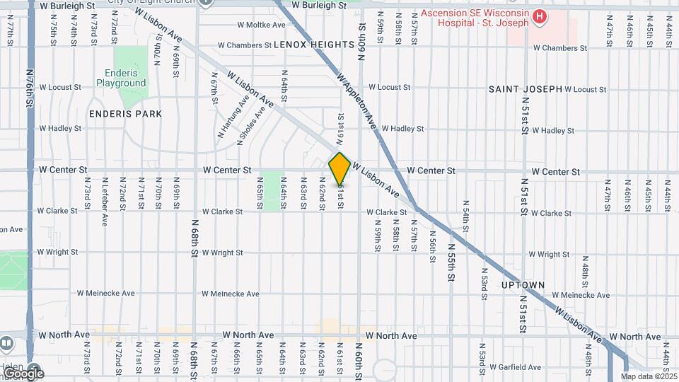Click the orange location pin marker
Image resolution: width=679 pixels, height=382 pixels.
(339, 169)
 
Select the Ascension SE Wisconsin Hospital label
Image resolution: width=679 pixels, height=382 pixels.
(475, 18)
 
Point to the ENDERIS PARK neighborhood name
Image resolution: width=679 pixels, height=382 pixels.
(126, 113)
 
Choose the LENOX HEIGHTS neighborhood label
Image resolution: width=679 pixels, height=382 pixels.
(313, 45)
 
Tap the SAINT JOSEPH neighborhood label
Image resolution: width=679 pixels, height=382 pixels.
(525, 89)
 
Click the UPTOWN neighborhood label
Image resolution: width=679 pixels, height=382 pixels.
(523, 285)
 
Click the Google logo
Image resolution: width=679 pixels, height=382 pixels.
(23, 373)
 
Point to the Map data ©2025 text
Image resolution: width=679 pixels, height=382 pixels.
(649, 376)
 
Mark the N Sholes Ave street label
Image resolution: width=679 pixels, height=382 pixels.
(251, 125)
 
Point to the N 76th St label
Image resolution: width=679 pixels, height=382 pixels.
(29, 88)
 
